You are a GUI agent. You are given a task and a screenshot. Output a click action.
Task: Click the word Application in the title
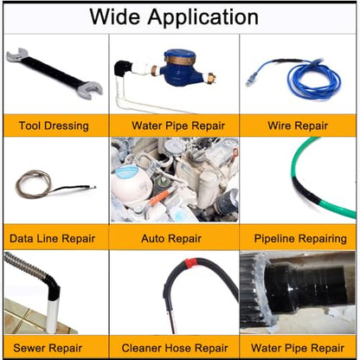coord(202,18)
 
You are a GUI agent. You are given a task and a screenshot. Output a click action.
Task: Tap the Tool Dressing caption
coord(54,125)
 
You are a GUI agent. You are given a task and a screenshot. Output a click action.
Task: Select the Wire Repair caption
coord(298,125)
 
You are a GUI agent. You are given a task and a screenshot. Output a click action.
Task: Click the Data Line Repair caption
coord(52,238)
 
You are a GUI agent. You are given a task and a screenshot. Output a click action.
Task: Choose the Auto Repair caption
coord(171,238)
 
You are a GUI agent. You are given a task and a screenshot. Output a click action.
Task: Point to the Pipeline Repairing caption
coord(300,239)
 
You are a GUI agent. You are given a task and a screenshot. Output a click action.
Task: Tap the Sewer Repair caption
coord(48,348)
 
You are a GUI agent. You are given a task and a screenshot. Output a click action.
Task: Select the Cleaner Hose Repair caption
coord(175,348)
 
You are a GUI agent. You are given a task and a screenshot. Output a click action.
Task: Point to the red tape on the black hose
coord(190,263)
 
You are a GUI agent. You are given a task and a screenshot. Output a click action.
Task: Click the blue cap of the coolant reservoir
coord(127,172)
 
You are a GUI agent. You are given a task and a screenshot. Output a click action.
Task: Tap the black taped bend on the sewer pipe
coord(53,286)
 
